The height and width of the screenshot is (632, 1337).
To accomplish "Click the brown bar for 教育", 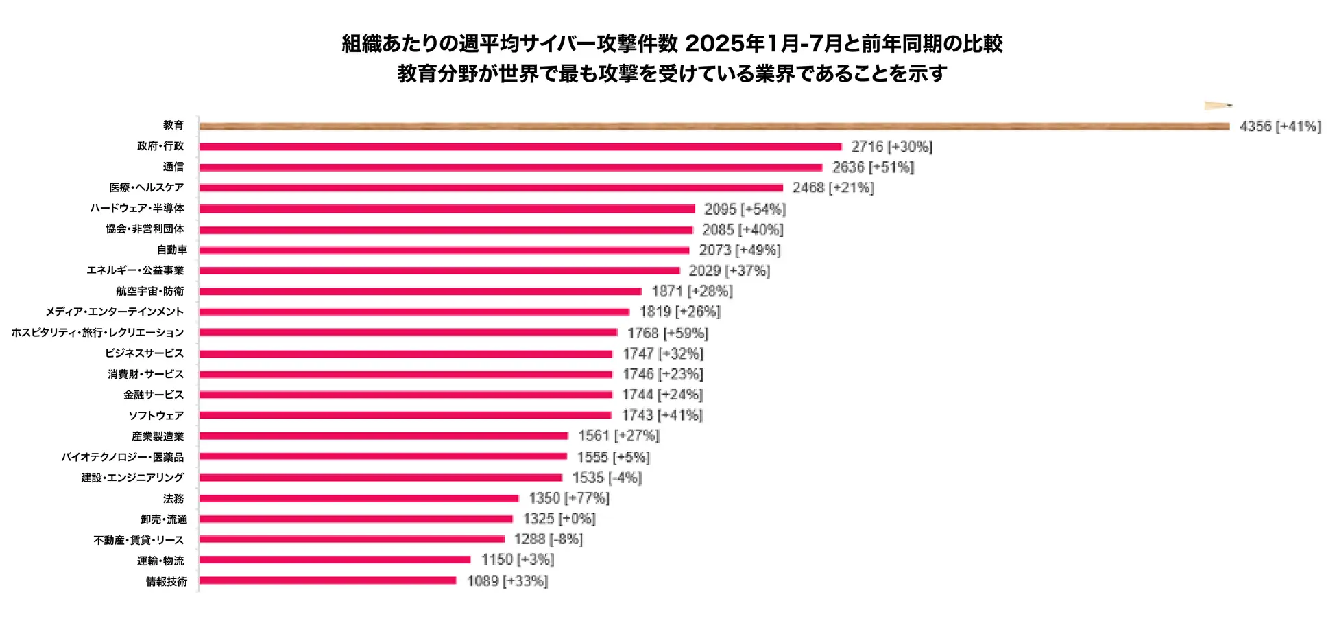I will click(x=713, y=126).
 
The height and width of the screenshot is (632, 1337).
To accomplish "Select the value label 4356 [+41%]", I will click(x=1279, y=126).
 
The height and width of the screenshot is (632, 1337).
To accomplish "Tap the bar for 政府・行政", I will click(x=520, y=147).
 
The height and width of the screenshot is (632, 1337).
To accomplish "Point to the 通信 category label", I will click(x=173, y=167).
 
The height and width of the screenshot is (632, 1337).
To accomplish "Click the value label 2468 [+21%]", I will click(x=833, y=188).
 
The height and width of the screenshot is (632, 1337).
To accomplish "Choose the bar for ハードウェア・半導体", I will click(x=447, y=209).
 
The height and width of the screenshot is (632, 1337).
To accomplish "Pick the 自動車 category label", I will click(x=172, y=250).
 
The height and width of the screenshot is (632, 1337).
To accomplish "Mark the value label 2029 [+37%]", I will click(x=729, y=271).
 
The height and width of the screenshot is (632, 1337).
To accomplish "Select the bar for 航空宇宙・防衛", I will click(x=420, y=292).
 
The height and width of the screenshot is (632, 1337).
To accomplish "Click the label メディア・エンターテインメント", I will click(x=115, y=312).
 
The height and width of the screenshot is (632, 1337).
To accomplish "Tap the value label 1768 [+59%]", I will click(x=667, y=333).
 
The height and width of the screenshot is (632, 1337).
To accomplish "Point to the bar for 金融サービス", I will click(x=405, y=395).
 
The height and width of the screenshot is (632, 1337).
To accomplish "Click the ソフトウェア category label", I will click(x=156, y=415).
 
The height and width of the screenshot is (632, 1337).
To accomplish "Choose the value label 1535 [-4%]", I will click(x=607, y=478).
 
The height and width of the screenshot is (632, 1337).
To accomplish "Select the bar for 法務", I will click(x=359, y=498).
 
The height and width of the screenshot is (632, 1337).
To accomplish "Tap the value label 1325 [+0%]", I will click(x=559, y=519).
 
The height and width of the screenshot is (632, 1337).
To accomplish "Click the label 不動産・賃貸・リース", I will click(x=138, y=540).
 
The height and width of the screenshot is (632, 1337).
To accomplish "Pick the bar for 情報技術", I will click(x=328, y=581).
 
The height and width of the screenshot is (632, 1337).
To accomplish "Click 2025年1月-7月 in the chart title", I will click(x=763, y=44).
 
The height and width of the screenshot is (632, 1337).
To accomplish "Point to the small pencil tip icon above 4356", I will click(x=1218, y=106).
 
